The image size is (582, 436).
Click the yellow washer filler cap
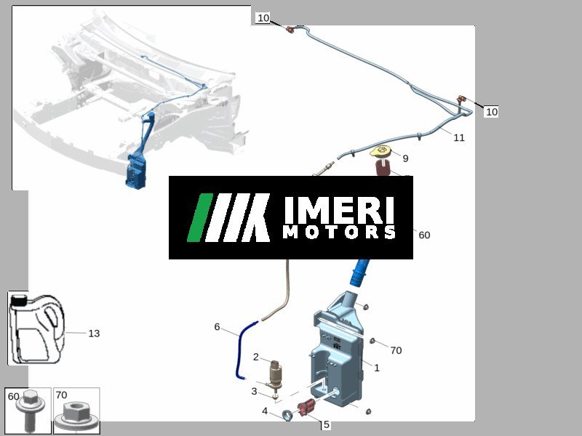click(x=380, y=151)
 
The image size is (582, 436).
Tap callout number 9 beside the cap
click(x=405, y=158)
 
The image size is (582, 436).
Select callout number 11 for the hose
click(x=459, y=137)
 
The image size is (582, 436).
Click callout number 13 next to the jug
click(x=95, y=334)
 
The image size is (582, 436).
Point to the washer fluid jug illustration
click(x=37, y=329)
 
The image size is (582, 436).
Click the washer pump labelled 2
click(x=275, y=375)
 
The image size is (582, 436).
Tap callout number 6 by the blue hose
click(x=217, y=326)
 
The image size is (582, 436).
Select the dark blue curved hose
click(x=245, y=350)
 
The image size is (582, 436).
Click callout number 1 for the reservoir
click(x=377, y=368)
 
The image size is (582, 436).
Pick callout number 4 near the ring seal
click(x=265, y=411)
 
